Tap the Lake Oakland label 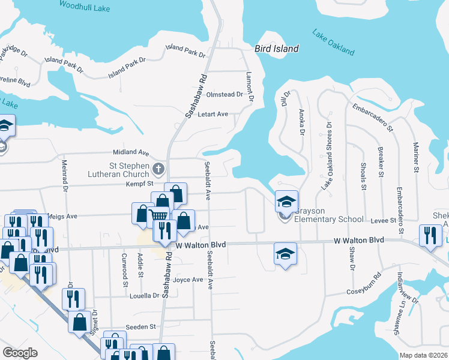coord(334,42)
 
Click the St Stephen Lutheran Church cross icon coord(159,169)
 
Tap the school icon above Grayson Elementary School coord(286,201)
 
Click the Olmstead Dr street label coord(224,94)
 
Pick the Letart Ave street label coord(214,114)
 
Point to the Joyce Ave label coord(188,280)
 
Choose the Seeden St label coord(140,326)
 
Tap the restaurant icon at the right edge coord(430,235)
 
